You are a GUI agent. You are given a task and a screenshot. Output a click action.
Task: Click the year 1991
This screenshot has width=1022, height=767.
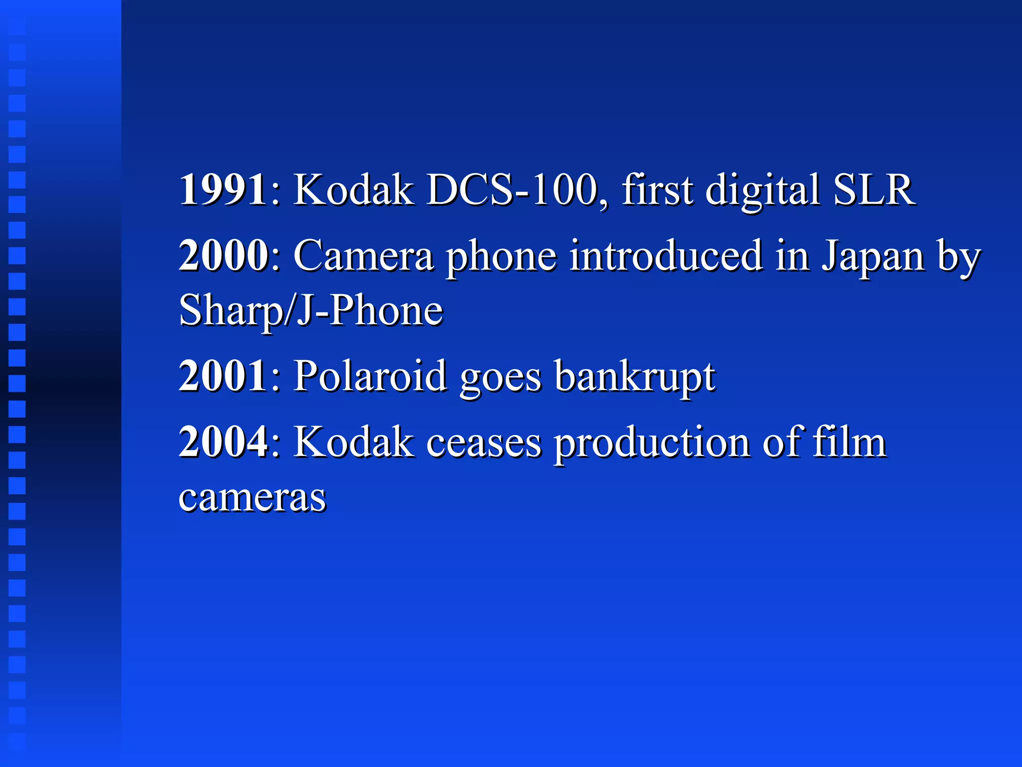pyautogui.click(x=223, y=190)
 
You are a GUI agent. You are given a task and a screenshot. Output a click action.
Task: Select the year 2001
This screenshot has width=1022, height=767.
pyautogui.click(x=223, y=376)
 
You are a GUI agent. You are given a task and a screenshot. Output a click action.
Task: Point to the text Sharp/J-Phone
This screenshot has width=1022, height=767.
pyautogui.click(x=311, y=311)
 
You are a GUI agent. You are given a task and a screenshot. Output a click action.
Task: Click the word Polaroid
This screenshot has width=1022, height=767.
pyautogui.click(x=370, y=376)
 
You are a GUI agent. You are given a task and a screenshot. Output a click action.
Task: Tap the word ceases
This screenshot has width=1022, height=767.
pyautogui.click(x=484, y=443)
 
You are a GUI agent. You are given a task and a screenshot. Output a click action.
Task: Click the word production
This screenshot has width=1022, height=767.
pyautogui.click(x=652, y=443)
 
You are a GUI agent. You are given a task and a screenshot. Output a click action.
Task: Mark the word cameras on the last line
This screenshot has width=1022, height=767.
pyautogui.click(x=252, y=498)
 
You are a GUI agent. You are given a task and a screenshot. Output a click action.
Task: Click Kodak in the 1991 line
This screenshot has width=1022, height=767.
pyautogui.click(x=353, y=190)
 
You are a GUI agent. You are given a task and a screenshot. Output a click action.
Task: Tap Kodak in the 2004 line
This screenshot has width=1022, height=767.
pyautogui.click(x=353, y=442)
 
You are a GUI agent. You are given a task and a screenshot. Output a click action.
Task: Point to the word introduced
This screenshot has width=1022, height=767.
pyautogui.click(x=666, y=256)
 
